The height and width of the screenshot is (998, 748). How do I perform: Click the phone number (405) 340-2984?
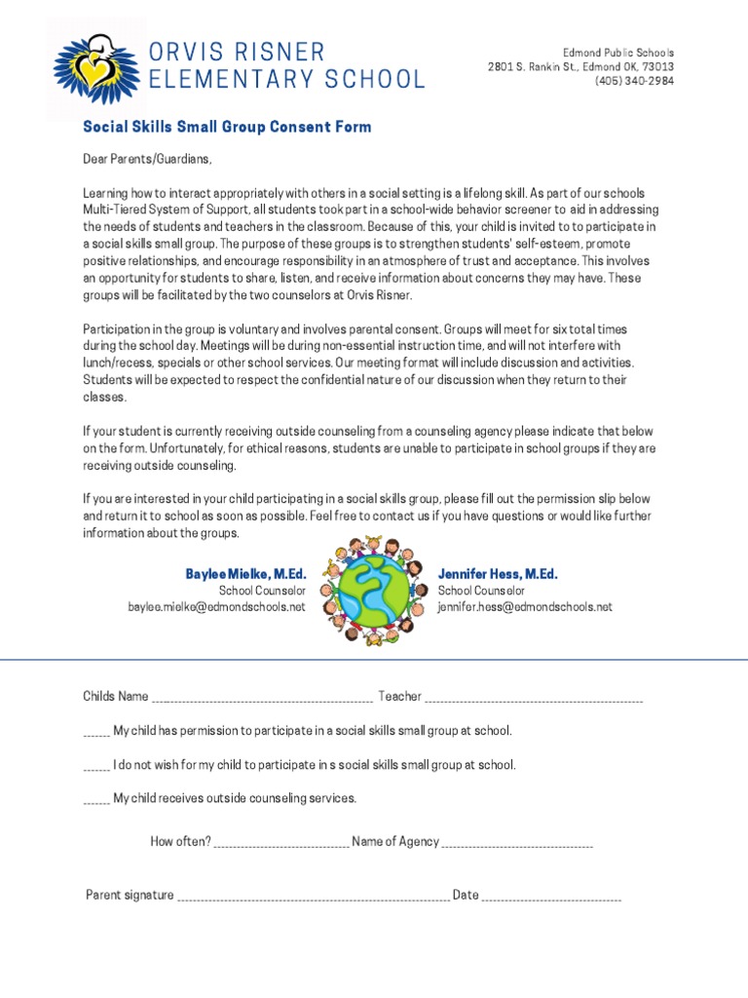click(634, 81)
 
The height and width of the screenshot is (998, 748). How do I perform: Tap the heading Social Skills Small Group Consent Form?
click(226, 128)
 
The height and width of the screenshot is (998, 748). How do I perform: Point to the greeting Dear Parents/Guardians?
click(146, 159)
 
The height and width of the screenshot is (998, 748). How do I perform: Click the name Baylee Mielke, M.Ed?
click(245, 574)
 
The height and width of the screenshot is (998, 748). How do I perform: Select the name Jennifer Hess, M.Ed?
click(498, 574)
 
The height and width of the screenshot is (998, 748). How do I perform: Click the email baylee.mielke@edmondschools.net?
click(217, 606)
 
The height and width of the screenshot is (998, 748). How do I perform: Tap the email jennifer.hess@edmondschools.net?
click(525, 606)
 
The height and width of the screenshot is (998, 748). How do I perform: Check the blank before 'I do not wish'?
click(96, 768)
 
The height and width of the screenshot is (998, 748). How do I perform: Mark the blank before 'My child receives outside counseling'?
click(96, 802)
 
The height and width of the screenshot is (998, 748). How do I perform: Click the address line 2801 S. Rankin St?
click(580, 66)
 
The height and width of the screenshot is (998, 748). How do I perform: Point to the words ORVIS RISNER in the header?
click(237, 52)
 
